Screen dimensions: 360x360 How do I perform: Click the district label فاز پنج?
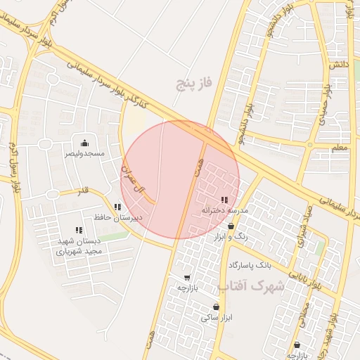tap(194, 85)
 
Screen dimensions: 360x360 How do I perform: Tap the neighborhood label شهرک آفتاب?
tap(252, 287)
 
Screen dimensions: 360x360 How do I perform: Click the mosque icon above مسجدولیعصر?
tap(85, 143)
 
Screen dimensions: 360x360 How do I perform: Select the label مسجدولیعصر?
tap(84, 153)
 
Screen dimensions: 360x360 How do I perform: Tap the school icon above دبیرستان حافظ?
tap(117, 207)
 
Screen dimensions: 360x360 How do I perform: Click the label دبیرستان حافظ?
tap(119, 217)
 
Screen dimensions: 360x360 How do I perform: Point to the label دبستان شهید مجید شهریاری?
tap(79, 245)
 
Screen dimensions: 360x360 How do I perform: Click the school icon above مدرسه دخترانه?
tap(224, 200)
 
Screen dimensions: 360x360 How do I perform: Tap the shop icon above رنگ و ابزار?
tap(231, 226)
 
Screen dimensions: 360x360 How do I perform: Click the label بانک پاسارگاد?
tap(250, 265)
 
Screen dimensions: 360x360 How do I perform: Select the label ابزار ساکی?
tap(215, 318)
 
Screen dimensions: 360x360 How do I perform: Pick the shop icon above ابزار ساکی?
tap(216, 307)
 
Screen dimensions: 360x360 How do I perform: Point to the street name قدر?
tap(83, 191)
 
